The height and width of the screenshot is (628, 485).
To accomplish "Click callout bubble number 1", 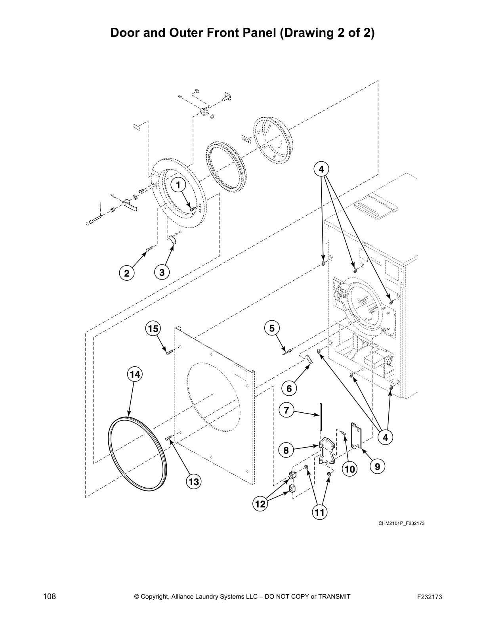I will tap(178, 185).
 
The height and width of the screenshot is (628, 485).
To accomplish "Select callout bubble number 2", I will tap(126, 273).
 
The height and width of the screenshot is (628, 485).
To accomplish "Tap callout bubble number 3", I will tap(162, 272).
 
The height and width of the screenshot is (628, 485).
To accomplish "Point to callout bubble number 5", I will tap(271, 328).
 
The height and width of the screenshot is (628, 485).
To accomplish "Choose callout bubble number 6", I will tap(289, 389).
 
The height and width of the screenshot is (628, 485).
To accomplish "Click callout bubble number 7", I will tap(286, 410).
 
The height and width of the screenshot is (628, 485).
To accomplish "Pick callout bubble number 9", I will tap(377, 467).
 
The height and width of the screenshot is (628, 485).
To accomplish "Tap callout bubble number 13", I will tap(193, 482).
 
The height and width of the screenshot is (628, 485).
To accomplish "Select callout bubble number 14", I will tap(134, 374).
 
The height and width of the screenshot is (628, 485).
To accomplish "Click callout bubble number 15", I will tap(153, 329).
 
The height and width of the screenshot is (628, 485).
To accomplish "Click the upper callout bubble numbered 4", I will tap(321, 169).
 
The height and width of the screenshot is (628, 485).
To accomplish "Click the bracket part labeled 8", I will tap(327, 451).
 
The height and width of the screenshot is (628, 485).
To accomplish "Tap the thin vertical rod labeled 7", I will tap(320, 420).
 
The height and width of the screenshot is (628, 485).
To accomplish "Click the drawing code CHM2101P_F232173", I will tap(401, 523).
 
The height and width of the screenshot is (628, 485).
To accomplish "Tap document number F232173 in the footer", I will tap(430, 597).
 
